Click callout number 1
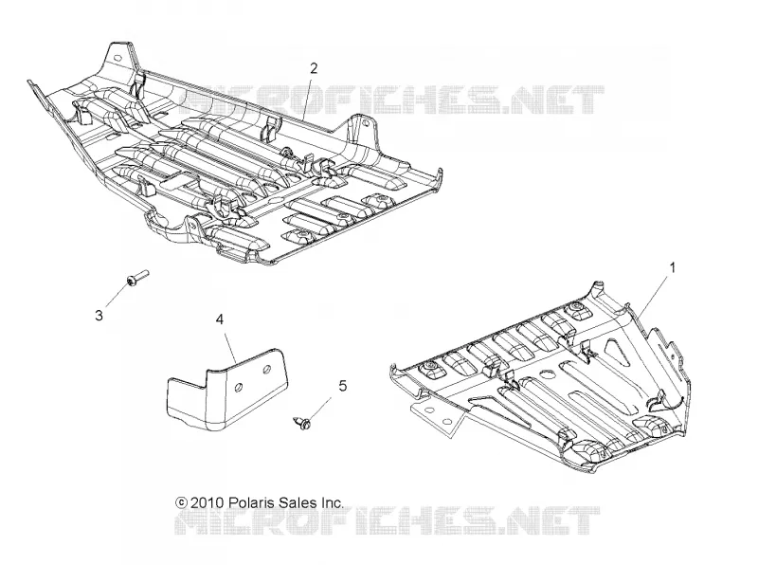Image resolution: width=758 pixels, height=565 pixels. [672, 267]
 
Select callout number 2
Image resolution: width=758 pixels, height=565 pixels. [314, 68]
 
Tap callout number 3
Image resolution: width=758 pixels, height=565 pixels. [99, 316]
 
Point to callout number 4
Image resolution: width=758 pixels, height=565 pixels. [220, 319]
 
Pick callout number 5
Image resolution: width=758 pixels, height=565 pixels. [342, 386]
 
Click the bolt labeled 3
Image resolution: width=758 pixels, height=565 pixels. [137, 278]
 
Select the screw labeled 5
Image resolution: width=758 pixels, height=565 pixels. [302, 422]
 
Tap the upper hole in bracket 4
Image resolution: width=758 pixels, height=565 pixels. [266, 370]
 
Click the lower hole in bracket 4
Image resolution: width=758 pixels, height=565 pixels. [239, 388]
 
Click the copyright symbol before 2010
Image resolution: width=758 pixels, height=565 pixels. [181, 502]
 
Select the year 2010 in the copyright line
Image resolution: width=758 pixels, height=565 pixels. [207, 502]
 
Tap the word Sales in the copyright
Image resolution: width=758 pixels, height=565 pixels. [298, 502]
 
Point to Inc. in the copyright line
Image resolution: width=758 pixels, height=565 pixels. [333, 502]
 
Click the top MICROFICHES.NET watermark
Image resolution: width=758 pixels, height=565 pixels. [391, 100]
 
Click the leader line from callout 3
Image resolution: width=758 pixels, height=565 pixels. [117, 296]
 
